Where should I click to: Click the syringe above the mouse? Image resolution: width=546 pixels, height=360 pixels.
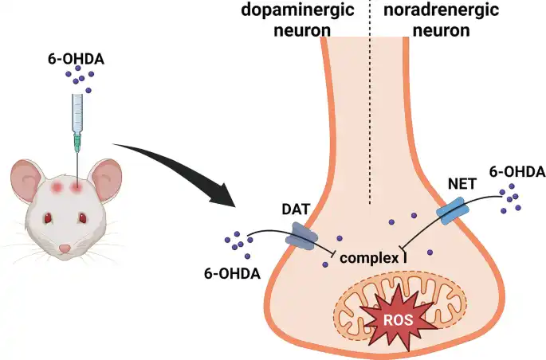pos(77,115)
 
